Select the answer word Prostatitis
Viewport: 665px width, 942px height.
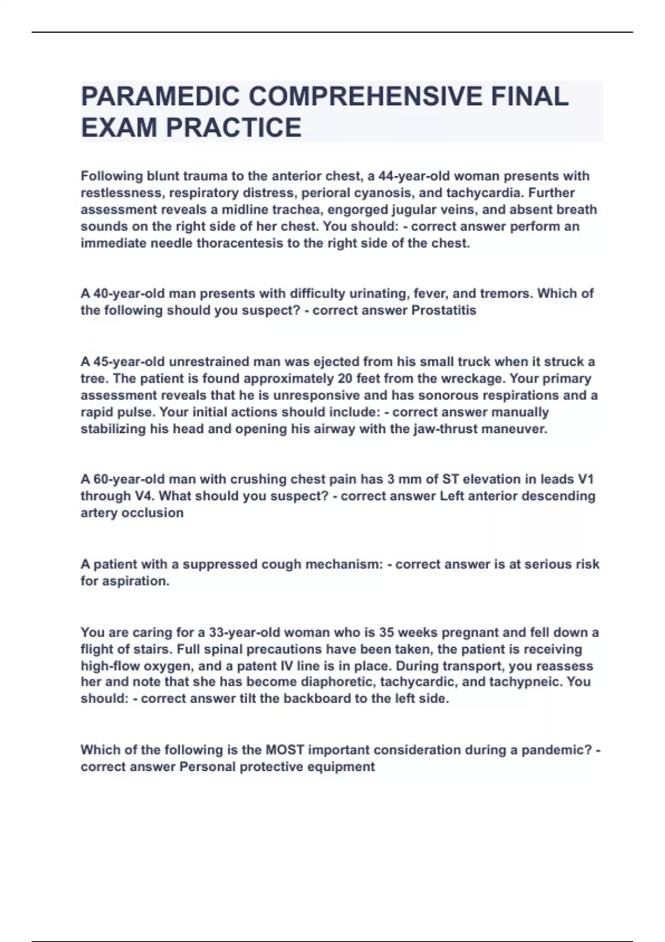[x=443, y=310]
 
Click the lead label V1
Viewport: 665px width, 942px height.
[x=586, y=479]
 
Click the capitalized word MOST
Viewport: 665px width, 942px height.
[x=285, y=750]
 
